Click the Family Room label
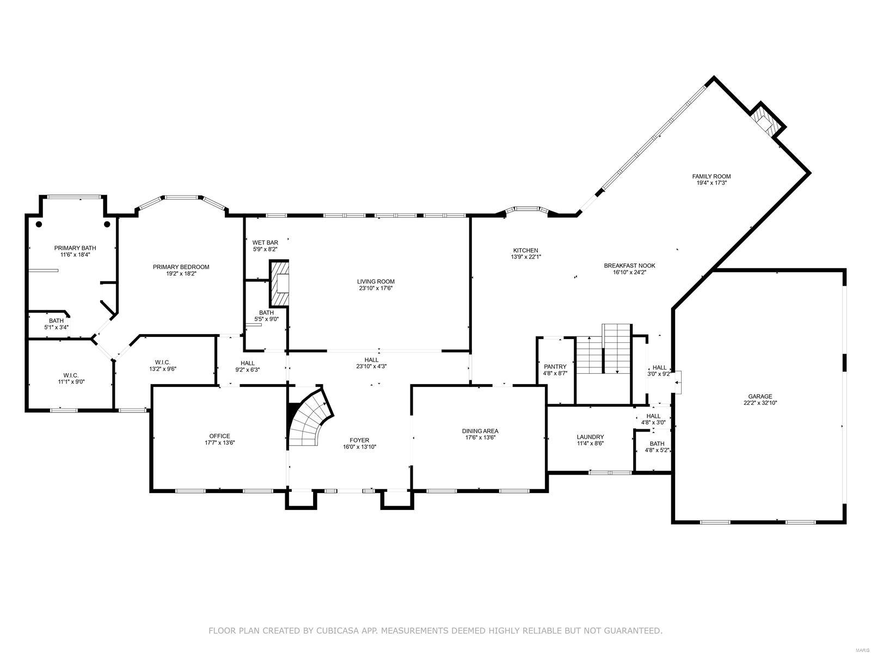711,176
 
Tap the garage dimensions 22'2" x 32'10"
760,403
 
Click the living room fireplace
280,284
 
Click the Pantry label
555,367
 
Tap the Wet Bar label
265,242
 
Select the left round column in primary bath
39,224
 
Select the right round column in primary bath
107,224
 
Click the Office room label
219,436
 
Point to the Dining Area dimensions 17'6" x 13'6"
481,438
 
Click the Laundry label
590,437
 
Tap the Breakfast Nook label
629,266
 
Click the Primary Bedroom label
181,267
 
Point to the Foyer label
359,440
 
